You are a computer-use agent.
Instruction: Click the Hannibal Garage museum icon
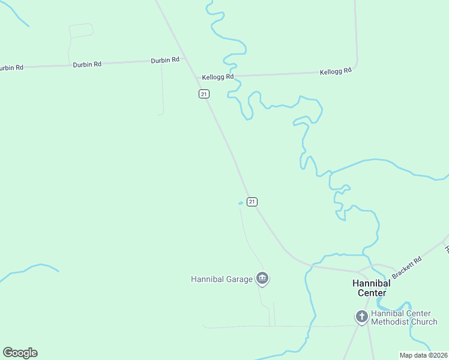[262, 278]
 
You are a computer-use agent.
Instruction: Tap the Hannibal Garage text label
[221, 279]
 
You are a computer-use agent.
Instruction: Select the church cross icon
[362, 316]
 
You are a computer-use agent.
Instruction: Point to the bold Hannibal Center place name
[372, 288]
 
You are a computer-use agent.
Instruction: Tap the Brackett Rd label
[408, 267]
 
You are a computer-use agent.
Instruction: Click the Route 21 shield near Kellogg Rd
[204, 94]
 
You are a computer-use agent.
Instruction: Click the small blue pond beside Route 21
[241, 203]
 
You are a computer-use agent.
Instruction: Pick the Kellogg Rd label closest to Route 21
[217, 77]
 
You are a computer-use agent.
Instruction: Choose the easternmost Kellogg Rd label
[336, 71]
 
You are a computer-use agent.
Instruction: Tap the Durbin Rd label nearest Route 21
[165, 60]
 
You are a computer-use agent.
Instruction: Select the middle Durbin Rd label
[87, 64]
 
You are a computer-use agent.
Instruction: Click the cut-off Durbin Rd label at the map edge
[11, 68]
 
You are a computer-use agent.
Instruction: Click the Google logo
[20, 353]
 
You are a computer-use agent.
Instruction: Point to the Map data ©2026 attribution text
[424, 355]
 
